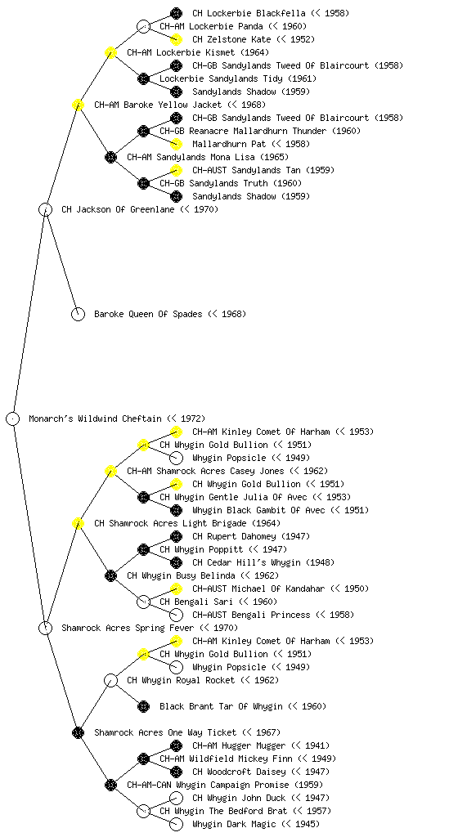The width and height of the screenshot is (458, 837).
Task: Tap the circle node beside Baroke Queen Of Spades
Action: click(x=78, y=315)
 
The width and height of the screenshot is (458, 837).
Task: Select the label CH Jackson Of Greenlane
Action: click(x=118, y=210)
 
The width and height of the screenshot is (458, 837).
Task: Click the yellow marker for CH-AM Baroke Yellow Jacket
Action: click(x=78, y=105)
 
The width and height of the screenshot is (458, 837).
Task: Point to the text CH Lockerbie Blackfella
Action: click(x=249, y=13)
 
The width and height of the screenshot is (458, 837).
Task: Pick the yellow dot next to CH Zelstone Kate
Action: click(x=176, y=39)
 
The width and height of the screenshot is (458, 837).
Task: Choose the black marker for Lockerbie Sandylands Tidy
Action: click(x=144, y=79)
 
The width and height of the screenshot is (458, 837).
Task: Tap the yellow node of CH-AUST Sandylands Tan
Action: click(x=176, y=170)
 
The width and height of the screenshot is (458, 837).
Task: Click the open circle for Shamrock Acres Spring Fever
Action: click(x=45, y=629)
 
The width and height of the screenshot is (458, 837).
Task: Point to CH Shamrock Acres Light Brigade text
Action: click(x=170, y=524)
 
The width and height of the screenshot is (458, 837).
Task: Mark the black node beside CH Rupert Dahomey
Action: click(x=176, y=536)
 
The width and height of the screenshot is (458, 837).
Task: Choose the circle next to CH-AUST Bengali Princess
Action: click(x=176, y=615)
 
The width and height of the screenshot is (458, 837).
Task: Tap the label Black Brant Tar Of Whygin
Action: click(x=221, y=707)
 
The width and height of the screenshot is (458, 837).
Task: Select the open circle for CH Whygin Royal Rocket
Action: click(x=110, y=681)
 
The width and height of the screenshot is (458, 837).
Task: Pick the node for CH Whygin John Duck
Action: click(x=176, y=798)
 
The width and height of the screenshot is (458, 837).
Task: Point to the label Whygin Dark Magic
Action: click(x=234, y=824)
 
